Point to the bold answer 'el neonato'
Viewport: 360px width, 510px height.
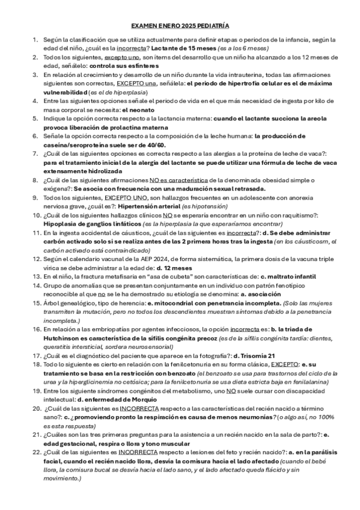(x=139, y=110)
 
